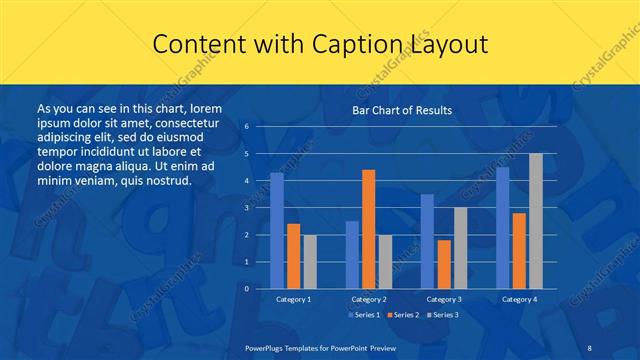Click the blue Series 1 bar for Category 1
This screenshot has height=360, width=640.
click(277, 231)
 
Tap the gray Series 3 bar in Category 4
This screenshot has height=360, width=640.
click(536, 221)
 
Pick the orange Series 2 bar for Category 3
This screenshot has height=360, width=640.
click(444, 264)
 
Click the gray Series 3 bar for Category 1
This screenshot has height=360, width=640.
click(310, 262)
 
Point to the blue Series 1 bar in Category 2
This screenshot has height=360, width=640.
click(352, 255)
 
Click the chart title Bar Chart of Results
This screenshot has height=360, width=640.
click(402, 110)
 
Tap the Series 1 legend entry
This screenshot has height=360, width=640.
click(365, 315)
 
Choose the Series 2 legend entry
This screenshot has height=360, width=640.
click(403, 315)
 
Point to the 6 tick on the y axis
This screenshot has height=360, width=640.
click(247, 127)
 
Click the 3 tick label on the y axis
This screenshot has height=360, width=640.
click(247, 208)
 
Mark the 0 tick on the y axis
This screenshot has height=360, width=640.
click(247, 289)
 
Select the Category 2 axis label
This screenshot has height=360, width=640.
click(369, 299)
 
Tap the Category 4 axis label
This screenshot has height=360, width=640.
click(519, 299)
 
